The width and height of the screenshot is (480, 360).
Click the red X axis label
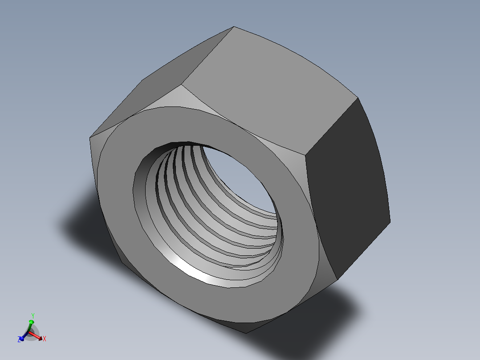pyautogui.click(x=45, y=339)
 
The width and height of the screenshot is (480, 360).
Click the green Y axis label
pyautogui.click(x=33, y=316)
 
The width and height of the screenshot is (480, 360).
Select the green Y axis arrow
pyautogui.click(x=31, y=323)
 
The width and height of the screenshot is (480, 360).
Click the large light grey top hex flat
pyautogui.click(x=267, y=89)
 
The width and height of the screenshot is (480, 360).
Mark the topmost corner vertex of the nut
pyautogui.click(x=234, y=27)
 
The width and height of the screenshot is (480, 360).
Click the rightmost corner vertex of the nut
pyautogui.click(x=390, y=222)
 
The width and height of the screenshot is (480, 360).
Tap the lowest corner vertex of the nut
pyautogui.click(x=246, y=333)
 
